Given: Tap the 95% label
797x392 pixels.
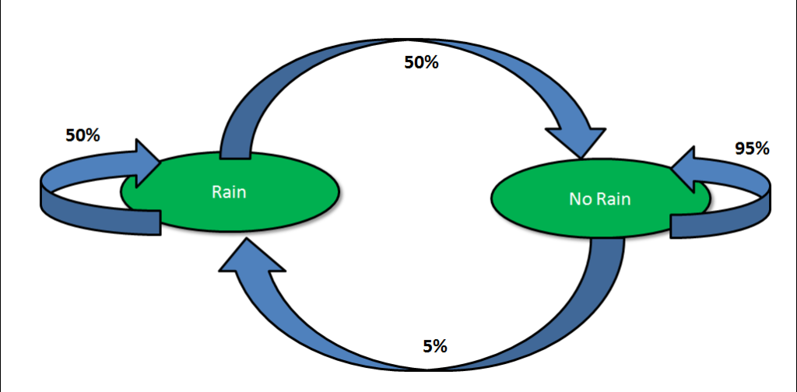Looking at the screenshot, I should coord(752,149).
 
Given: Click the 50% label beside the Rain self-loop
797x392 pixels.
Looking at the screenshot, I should coord(83,135).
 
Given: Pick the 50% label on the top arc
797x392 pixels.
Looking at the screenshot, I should coord(421,62).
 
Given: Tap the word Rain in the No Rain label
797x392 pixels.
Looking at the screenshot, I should coord(614,200).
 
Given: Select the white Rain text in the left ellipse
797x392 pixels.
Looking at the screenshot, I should coord(229,191).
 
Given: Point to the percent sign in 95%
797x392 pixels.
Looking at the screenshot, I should coord(762,149).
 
